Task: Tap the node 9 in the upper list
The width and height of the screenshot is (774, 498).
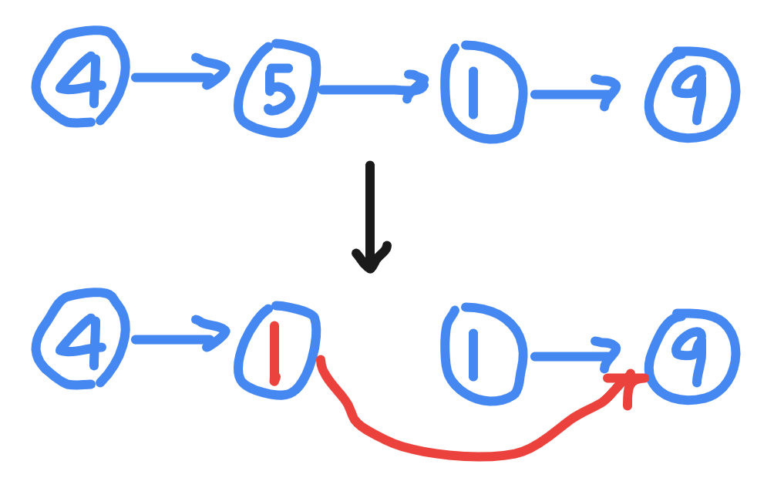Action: click(x=692, y=93)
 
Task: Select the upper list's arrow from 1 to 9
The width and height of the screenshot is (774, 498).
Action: click(x=575, y=93)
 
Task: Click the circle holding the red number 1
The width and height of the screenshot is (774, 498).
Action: click(x=277, y=350)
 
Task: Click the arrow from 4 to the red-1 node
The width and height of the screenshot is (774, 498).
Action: click(x=181, y=339)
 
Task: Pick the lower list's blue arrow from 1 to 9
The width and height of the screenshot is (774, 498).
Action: click(x=575, y=355)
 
